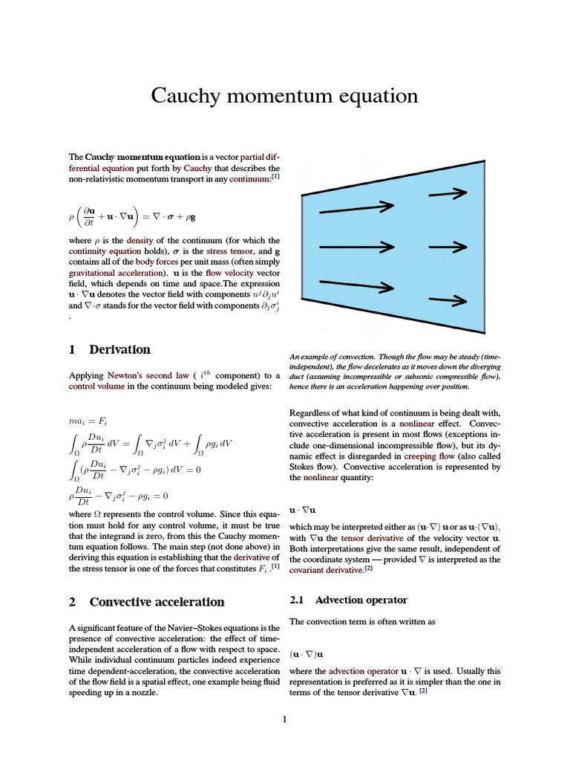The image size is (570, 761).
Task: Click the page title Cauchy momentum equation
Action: pos(284,96)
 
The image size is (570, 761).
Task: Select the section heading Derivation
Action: pos(119,349)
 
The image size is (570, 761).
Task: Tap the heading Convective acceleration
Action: pos(157,602)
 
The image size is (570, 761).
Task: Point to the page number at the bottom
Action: pos(284,719)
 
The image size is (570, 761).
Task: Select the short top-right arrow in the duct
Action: pos(450,192)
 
